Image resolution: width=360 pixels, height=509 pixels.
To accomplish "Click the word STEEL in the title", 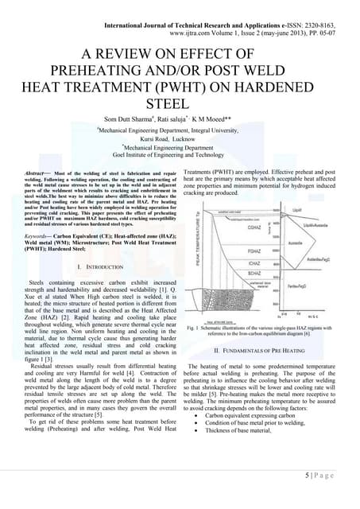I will click(179, 103).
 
